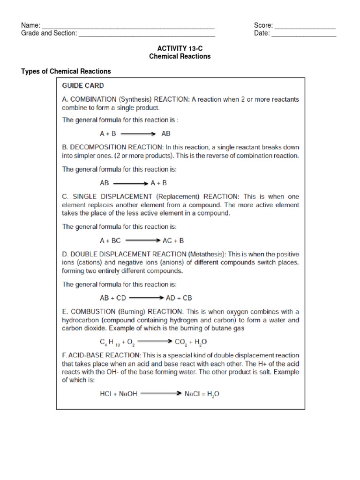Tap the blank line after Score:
305,26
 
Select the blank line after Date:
304,34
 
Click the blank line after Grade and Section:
147,34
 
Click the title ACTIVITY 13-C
180,48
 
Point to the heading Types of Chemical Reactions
66,71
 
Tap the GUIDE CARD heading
83,86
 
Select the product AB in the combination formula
166,133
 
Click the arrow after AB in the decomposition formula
130,183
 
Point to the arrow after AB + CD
146,298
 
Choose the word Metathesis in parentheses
207,254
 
